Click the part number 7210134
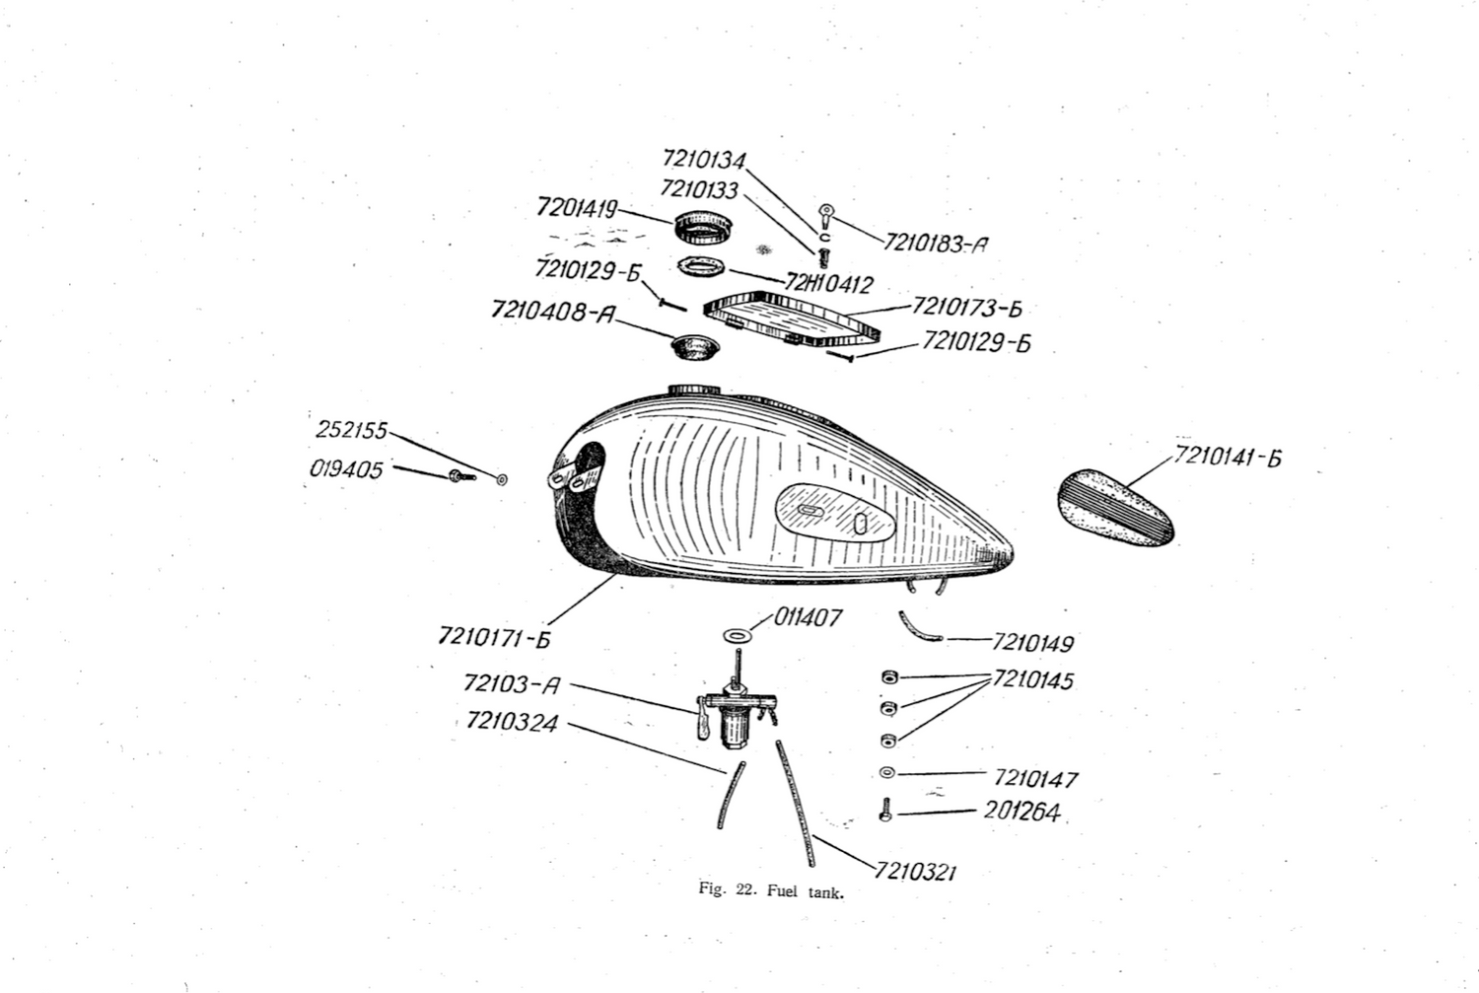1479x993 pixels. pyautogui.click(x=704, y=159)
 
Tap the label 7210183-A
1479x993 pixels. pyautogui.click(x=935, y=244)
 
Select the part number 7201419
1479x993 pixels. pyautogui.click(x=577, y=208)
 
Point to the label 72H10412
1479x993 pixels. pyautogui.click(x=829, y=285)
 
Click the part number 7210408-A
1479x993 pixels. pyautogui.click(x=553, y=312)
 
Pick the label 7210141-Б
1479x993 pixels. pyautogui.click(x=1228, y=458)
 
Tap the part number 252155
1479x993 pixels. pyautogui.click(x=351, y=431)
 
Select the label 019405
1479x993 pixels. pyautogui.click(x=346, y=469)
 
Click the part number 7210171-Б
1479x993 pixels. pyautogui.click(x=494, y=638)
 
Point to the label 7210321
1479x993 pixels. pyautogui.click(x=916, y=872)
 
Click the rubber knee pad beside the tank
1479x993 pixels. pyautogui.click(x=1115, y=507)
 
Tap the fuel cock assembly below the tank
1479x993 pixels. pyautogui.click(x=735, y=714)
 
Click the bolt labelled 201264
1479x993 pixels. pyautogui.click(x=885, y=812)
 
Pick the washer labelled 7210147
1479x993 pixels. pyautogui.click(x=886, y=772)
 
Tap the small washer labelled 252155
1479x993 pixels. pyautogui.click(x=502, y=479)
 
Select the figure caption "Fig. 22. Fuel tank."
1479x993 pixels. pyautogui.click(x=772, y=891)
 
